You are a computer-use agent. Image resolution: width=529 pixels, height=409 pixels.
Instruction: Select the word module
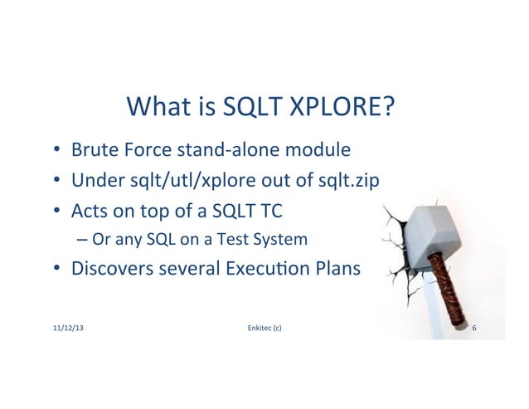pyautogui.click(x=316, y=150)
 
